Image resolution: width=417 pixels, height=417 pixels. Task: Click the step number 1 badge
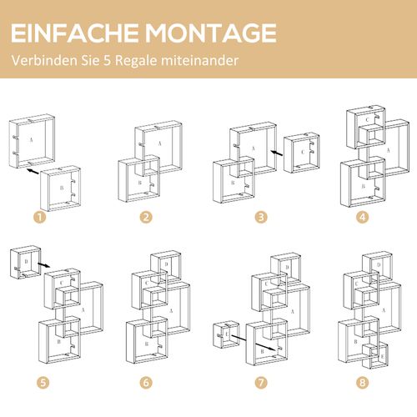[37, 218]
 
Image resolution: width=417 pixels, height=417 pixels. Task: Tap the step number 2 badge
[145, 218]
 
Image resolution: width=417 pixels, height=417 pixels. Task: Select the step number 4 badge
[362, 218]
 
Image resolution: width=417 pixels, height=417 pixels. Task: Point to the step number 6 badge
[145, 383]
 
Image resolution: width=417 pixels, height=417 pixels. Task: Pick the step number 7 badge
[261, 383]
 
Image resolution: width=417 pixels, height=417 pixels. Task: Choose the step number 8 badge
[362, 383]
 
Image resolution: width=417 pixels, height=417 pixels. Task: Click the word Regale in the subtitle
[142, 60]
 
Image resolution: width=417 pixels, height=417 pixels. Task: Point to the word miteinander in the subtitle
[205, 60]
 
